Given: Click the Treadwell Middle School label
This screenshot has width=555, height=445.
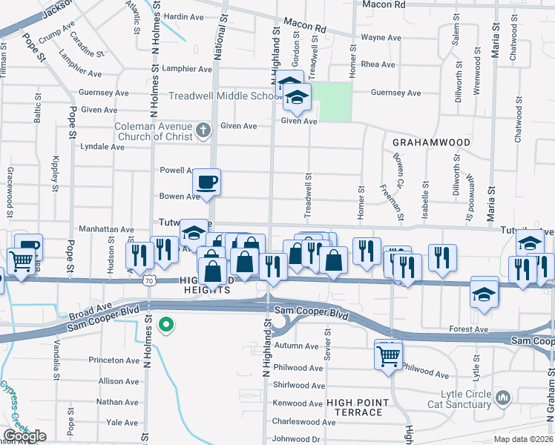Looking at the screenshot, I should [x=222, y=96].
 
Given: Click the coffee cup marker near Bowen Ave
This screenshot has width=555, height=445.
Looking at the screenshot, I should [x=207, y=182].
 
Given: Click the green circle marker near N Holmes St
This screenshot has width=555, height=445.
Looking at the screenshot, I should [x=168, y=324].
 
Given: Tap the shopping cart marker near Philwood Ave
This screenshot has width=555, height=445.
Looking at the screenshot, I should [x=389, y=355].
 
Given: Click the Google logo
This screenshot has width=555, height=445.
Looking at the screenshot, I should [x=24, y=435].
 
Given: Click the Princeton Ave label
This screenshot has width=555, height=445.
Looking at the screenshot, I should [x=114, y=360].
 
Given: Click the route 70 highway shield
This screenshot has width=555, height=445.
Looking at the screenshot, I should [x=150, y=281].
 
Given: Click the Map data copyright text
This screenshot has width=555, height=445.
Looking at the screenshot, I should [x=520, y=439].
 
